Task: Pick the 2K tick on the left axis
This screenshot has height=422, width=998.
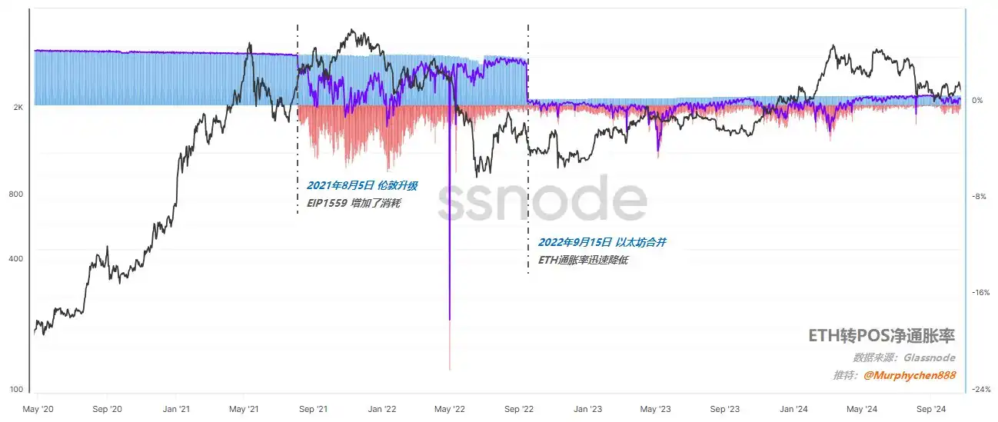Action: click(x=18, y=108)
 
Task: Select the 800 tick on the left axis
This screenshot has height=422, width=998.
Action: click(x=15, y=194)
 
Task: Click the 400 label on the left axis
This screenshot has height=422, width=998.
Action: click(x=15, y=258)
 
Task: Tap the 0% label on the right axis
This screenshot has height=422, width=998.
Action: click(x=978, y=101)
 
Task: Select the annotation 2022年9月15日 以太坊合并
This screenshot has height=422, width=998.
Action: click(x=601, y=242)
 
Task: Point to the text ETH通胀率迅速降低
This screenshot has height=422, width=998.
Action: click(x=584, y=261)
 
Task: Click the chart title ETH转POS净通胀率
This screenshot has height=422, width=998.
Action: click(x=881, y=336)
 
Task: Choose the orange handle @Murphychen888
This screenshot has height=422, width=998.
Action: click(x=910, y=375)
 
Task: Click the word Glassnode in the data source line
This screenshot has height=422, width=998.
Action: click(x=929, y=357)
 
